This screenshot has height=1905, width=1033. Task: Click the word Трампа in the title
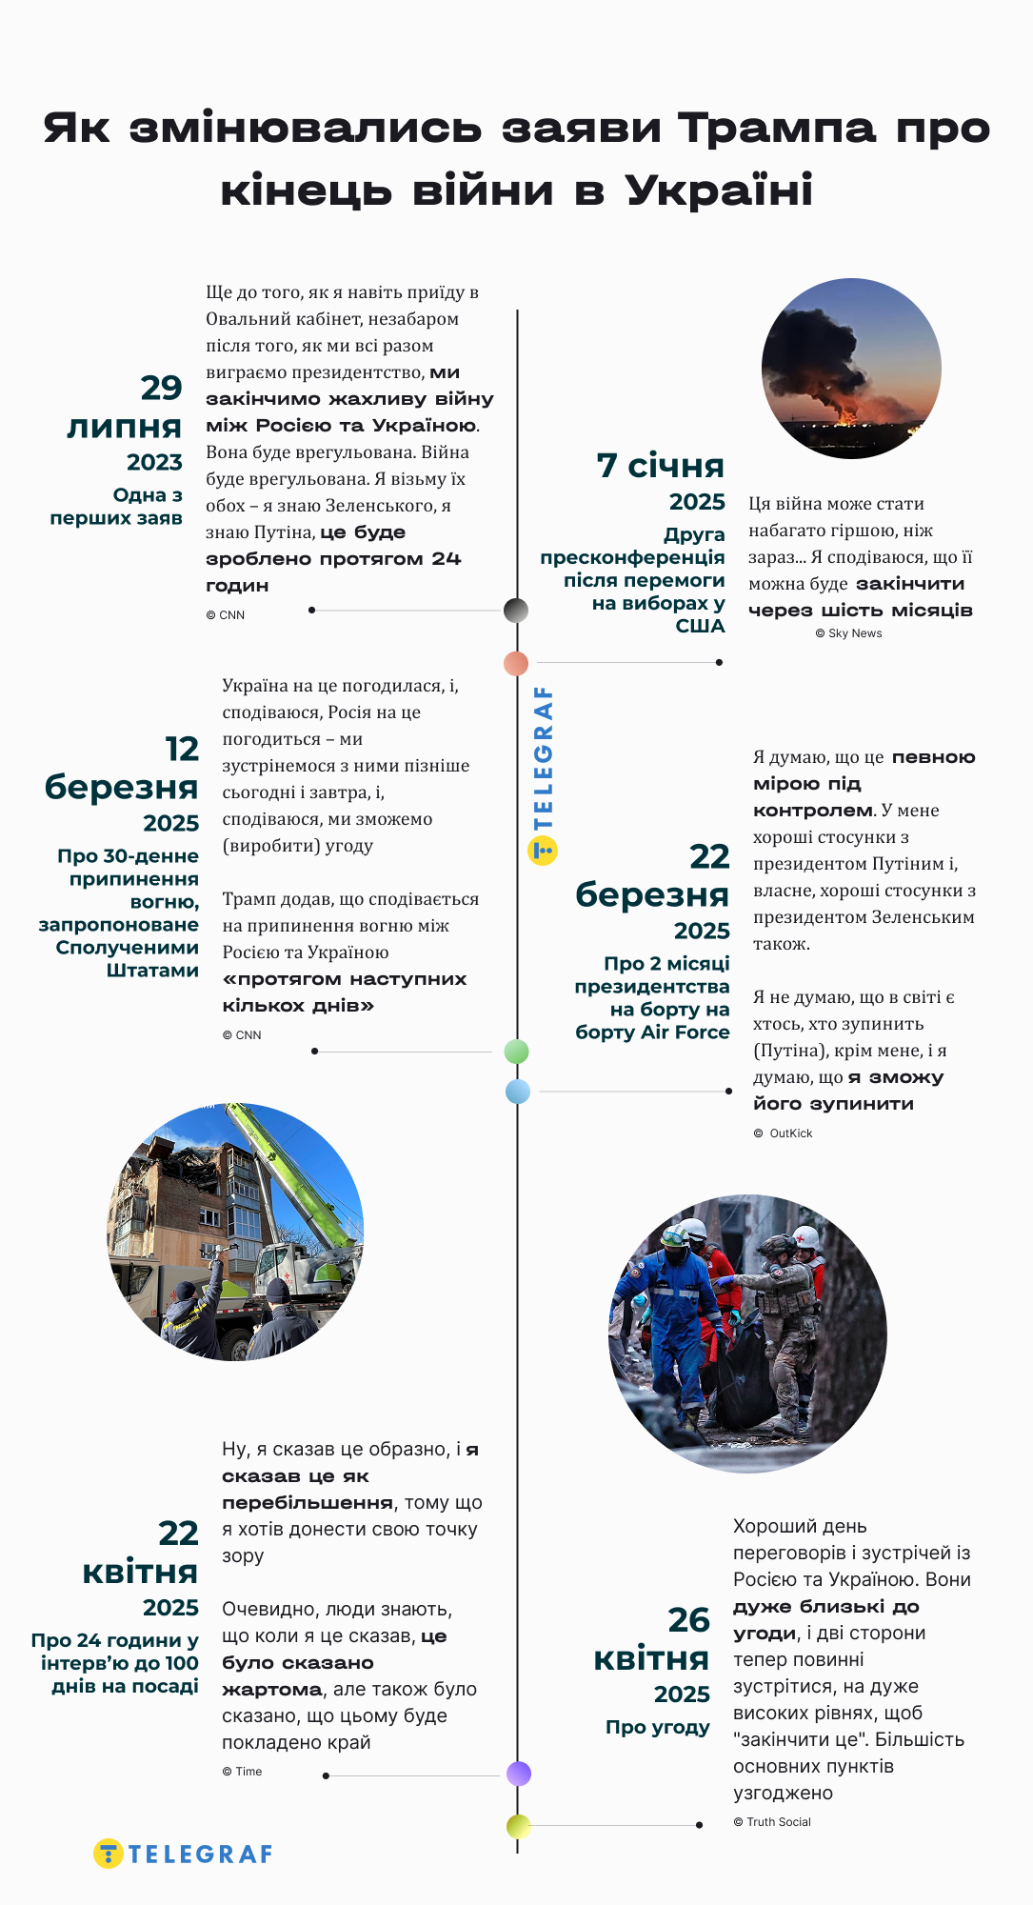pyautogui.click(x=776, y=129)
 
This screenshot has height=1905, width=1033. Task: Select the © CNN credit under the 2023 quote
pyautogui.click(x=226, y=615)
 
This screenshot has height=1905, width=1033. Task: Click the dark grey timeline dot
pyautogui.click(x=516, y=611)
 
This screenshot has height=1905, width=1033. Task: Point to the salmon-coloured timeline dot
pyautogui.click(x=516, y=663)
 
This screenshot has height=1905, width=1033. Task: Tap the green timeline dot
pyautogui.click(x=516, y=1052)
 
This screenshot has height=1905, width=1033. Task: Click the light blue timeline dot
pyautogui.click(x=518, y=1092)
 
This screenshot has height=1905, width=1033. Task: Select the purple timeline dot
pyautogui.click(x=519, y=1774)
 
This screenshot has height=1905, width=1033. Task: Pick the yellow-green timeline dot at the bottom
pyautogui.click(x=518, y=1826)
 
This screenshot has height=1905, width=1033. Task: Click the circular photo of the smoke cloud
pyautogui.click(x=851, y=369)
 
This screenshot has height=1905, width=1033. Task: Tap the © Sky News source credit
pyautogui.click(x=848, y=633)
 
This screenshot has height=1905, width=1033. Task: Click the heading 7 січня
pyautogui.click(x=660, y=466)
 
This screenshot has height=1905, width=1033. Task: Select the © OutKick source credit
pyautogui.click(x=783, y=1133)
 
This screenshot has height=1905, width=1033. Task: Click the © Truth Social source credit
pyautogui.click(x=772, y=1822)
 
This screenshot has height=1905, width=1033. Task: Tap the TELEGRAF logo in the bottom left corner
pyautogui.click(x=184, y=1854)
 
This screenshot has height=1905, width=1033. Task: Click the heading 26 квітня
pyautogui.click(x=652, y=1639)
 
